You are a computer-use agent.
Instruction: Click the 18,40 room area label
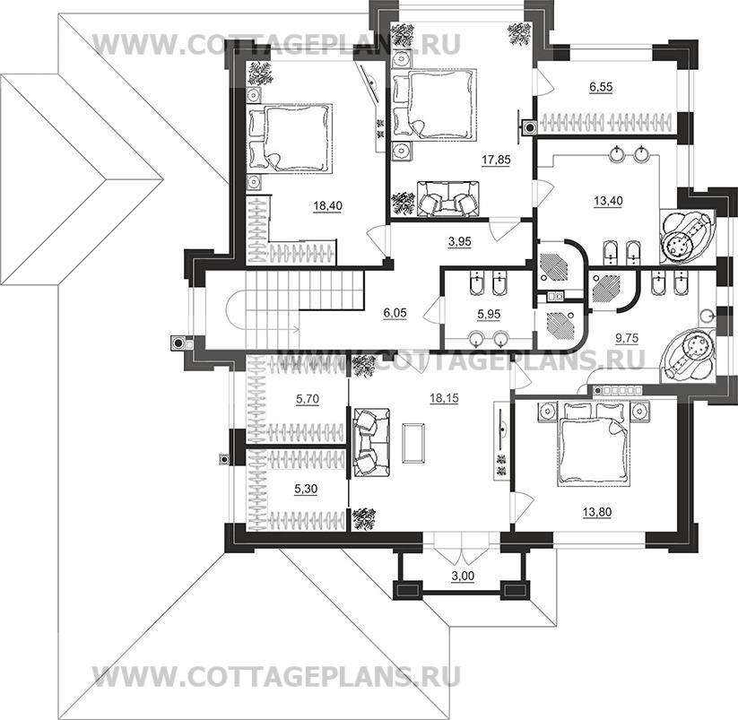pos(328,205)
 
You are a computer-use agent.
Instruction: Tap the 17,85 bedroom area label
pos(496,160)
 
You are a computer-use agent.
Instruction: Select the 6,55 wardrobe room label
pos(601,87)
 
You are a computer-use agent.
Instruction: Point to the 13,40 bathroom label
pos(608,201)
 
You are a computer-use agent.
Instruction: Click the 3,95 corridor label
pos(460,241)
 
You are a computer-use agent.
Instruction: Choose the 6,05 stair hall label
pos(395,312)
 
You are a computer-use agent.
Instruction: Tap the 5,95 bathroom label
pos(489,314)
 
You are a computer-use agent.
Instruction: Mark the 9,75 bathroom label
pos(627,338)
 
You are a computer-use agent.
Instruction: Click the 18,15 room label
pos(444,398)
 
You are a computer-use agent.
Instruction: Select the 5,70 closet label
pos(308,399)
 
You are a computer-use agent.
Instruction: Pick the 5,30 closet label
pos(306,490)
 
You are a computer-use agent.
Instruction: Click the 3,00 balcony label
pos(463,576)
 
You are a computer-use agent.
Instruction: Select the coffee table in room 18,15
pos(413,442)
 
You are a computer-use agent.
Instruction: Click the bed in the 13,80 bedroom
pos(594,443)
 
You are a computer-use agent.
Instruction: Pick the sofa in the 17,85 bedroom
pos(447,199)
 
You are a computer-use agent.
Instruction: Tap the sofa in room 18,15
pos(372,443)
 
